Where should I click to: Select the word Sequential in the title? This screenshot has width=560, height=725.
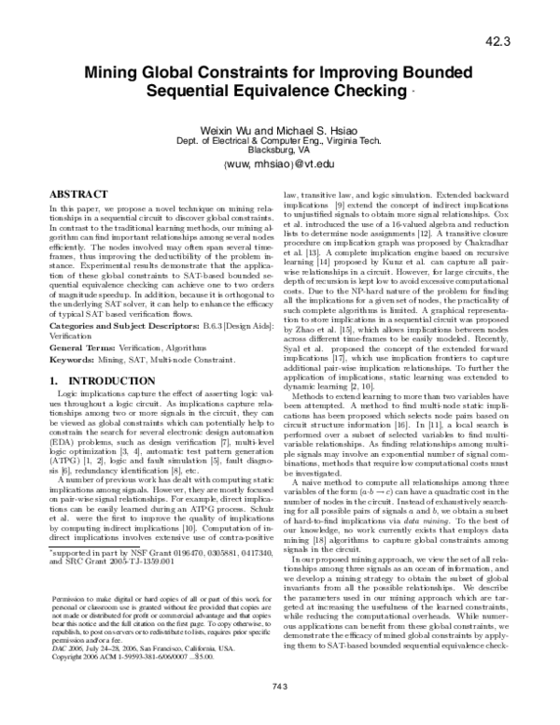[x=192, y=92]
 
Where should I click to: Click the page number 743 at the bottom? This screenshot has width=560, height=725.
[x=279, y=713]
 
